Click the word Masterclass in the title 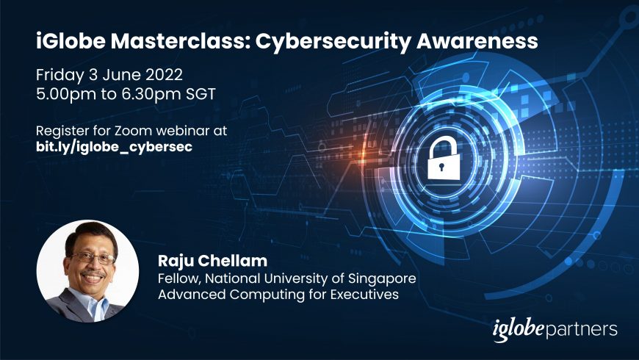181,40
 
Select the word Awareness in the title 477,40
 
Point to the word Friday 60,76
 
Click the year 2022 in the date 165,75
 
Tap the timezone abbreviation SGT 201,94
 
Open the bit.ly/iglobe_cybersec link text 114,147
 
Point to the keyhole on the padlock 441,167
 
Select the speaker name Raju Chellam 212,261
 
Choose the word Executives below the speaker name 364,295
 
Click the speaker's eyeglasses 93,258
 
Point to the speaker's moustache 93,273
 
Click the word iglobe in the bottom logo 518,329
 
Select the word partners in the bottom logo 581,329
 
